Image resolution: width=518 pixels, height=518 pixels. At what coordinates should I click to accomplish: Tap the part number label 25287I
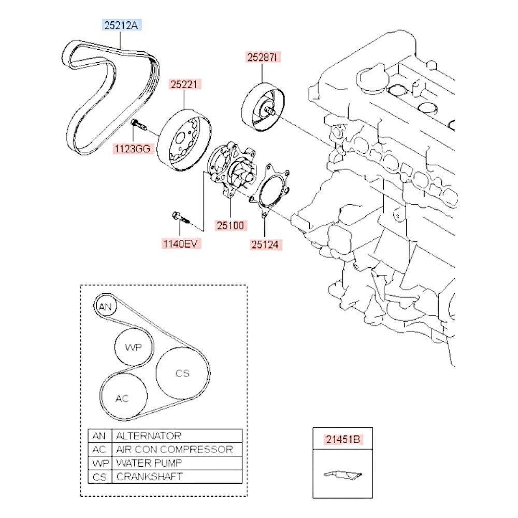(262, 57)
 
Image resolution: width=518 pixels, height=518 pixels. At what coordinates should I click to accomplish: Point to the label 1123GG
(133, 149)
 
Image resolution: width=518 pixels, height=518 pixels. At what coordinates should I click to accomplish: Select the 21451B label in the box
(342, 440)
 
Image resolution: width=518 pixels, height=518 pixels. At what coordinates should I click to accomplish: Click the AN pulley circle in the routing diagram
(105, 307)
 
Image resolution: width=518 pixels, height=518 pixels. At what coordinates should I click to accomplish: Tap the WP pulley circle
(133, 347)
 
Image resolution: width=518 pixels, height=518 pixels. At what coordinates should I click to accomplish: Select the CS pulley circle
(182, 373)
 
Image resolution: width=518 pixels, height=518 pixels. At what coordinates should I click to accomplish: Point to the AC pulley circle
(122, 398)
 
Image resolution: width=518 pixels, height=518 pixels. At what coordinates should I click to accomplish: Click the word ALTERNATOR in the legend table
(149, 436)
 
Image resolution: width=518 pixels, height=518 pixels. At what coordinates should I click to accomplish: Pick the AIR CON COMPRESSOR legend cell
(175, 449)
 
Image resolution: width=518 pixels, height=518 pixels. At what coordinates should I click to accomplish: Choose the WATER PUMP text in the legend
(149, 463)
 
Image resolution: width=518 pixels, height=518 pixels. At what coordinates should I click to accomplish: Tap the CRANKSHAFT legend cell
(150, 476)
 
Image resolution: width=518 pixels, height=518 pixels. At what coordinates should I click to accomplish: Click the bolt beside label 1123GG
(139, 124)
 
